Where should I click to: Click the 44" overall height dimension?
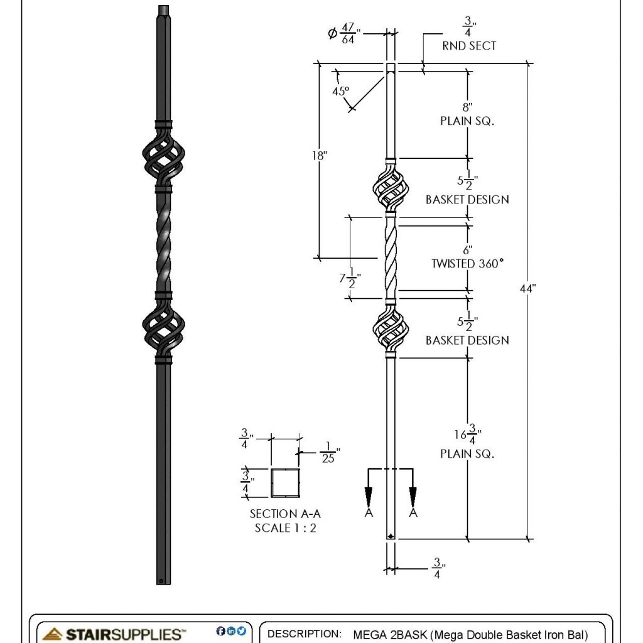(x=528, y=288)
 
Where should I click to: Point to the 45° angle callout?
(x=340, y=90)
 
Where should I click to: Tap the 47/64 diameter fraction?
(x=347, y=34)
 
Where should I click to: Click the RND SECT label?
(x=469, y=46)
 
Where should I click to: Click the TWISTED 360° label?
(x=467, y=264)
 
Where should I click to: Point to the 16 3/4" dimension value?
(x=467, y=434)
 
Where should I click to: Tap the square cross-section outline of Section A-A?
(x=285, y=482)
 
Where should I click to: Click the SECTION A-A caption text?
(x=282, y=514)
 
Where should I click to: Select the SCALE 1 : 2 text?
(x=285, y=527)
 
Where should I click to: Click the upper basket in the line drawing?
(x=391, y=188)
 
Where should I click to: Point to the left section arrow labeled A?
(x=368, y=496)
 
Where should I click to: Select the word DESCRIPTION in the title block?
(x=305, y=634)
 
